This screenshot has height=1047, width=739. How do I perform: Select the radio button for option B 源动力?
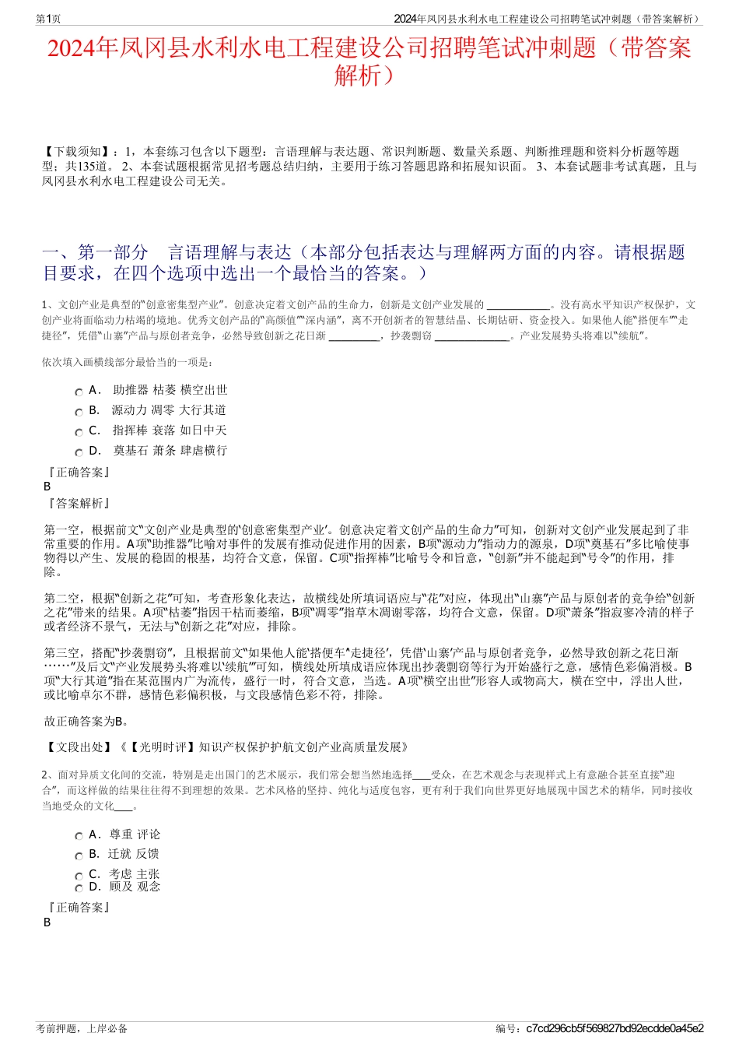click(x=79, y=413)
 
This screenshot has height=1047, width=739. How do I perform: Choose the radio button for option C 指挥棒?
click(x=79, y=433)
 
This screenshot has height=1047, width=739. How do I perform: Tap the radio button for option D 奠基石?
click(x=79, y=453)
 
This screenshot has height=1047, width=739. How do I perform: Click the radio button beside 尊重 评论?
click(x=79, y=837)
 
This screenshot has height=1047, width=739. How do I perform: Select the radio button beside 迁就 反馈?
click(x=79, y=856)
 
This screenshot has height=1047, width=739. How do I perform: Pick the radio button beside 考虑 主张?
click(x=79, y=877)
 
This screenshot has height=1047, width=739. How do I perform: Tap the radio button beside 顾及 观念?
click(x=79, y=888)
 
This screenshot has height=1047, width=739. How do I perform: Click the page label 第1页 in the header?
click(x=48, y=19)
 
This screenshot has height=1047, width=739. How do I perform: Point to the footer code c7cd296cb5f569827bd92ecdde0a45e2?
click(x=615, y=1028)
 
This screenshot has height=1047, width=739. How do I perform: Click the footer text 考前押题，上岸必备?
click(x=82, y=1028)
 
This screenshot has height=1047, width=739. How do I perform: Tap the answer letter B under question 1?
click(x=47, y=487)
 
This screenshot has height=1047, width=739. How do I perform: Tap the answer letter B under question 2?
click(x=47, y=922)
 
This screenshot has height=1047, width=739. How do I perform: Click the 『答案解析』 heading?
click(x=79, y=504)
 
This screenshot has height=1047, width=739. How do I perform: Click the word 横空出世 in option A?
click(x=204, y=390)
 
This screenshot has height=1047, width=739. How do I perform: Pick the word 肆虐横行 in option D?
click(x=204, y=451)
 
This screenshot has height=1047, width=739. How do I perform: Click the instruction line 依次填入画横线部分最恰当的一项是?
click(x=128, y=362)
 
